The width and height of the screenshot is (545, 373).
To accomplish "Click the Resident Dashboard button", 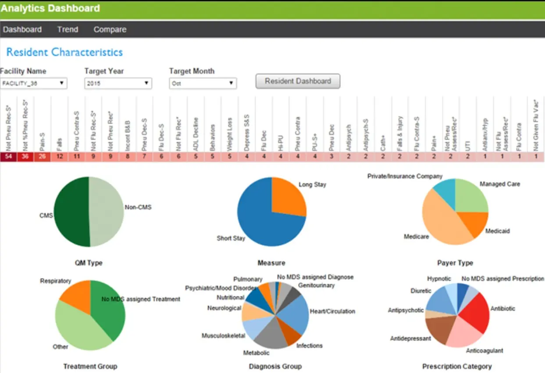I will (x=298, y=81).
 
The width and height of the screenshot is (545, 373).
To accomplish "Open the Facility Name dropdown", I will (x=33, y=83).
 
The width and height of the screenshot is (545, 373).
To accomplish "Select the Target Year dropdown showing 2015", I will (x=118, y=83).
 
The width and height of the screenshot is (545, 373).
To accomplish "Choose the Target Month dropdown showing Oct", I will (x=203, y=83).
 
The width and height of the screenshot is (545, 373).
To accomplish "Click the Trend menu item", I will (x=68, y=30).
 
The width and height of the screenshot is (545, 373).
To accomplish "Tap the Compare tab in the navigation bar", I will (x=110, y=30).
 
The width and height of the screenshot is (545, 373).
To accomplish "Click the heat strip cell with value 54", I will (x=8, y=156).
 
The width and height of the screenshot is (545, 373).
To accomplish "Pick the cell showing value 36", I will (x=25, y=156).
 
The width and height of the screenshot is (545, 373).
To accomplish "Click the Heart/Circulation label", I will (x=332, y=311).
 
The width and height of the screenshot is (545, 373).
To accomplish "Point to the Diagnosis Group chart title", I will (x=275, y=366).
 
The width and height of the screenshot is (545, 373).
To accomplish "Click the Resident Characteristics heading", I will (x=64, y=52).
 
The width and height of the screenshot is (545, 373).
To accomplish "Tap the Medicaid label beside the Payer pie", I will (x=497, y=231).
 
